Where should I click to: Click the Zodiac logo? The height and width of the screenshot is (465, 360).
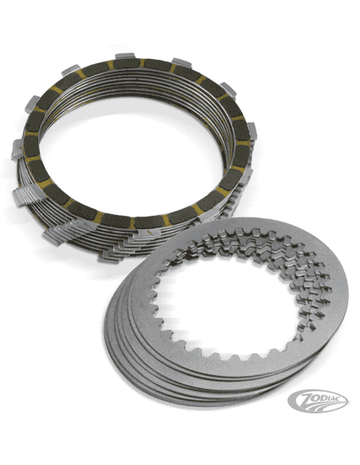[319, 401]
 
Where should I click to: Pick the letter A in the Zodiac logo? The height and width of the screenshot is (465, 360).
[334, 398]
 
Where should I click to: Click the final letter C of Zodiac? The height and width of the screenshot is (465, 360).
[342, 399]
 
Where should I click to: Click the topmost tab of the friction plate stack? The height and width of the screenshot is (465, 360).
[125, 56]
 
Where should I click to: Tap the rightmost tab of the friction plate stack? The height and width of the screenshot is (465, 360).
[252, 132]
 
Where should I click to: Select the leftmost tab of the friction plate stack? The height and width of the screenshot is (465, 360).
[18, 150]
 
